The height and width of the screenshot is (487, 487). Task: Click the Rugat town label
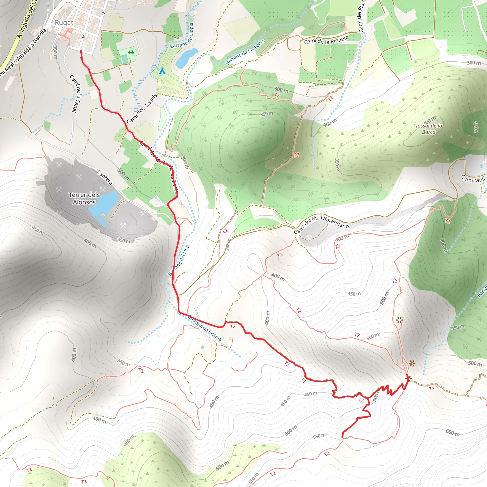click(64, 23)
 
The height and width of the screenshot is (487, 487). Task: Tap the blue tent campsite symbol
click(162, 71)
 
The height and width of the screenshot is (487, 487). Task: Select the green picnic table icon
click(131, 52)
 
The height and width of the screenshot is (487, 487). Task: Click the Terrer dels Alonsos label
click(84, 198)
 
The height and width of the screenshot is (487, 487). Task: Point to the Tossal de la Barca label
click(429, 129)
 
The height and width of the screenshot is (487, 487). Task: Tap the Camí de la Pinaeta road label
click(326, 40)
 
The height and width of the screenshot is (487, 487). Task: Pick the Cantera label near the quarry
click(105, 177)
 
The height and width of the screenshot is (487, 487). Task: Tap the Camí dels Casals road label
click(142, 109)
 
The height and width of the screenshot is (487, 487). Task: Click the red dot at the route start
click(81, 52)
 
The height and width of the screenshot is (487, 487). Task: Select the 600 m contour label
click(453, 433)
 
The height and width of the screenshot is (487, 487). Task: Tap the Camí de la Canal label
click(76, 93)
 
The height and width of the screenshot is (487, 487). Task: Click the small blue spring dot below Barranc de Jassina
click(202, 347)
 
